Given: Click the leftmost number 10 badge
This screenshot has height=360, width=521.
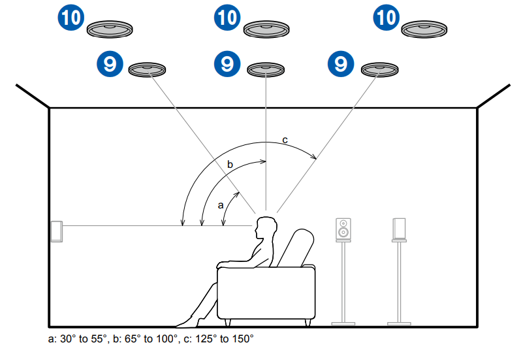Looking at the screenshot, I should (x=69, y=17).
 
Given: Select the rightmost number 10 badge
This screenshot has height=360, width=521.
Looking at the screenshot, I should (x=386, y=17).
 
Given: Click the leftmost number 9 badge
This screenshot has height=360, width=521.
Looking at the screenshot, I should (x=109, y=63).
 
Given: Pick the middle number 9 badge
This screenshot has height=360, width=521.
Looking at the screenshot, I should (x=227, y=63).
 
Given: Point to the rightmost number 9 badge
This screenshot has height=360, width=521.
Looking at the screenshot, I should (x=340, y=63).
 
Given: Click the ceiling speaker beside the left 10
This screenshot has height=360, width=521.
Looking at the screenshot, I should (x=110, y=29).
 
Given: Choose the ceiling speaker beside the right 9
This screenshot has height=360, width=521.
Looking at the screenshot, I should (x=380, y=69).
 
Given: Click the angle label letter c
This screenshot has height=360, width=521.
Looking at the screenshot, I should (x=284, y=140).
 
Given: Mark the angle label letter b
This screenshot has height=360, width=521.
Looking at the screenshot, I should (x=229, y=165).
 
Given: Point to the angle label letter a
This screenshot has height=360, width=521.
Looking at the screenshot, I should (x=221, y=205).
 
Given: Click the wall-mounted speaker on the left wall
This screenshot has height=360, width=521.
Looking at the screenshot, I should (x=57, y=231).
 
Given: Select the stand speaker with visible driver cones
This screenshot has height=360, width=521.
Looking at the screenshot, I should (x=343, y=229).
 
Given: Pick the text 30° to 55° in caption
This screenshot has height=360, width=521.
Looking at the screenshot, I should (x=82, y=339).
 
